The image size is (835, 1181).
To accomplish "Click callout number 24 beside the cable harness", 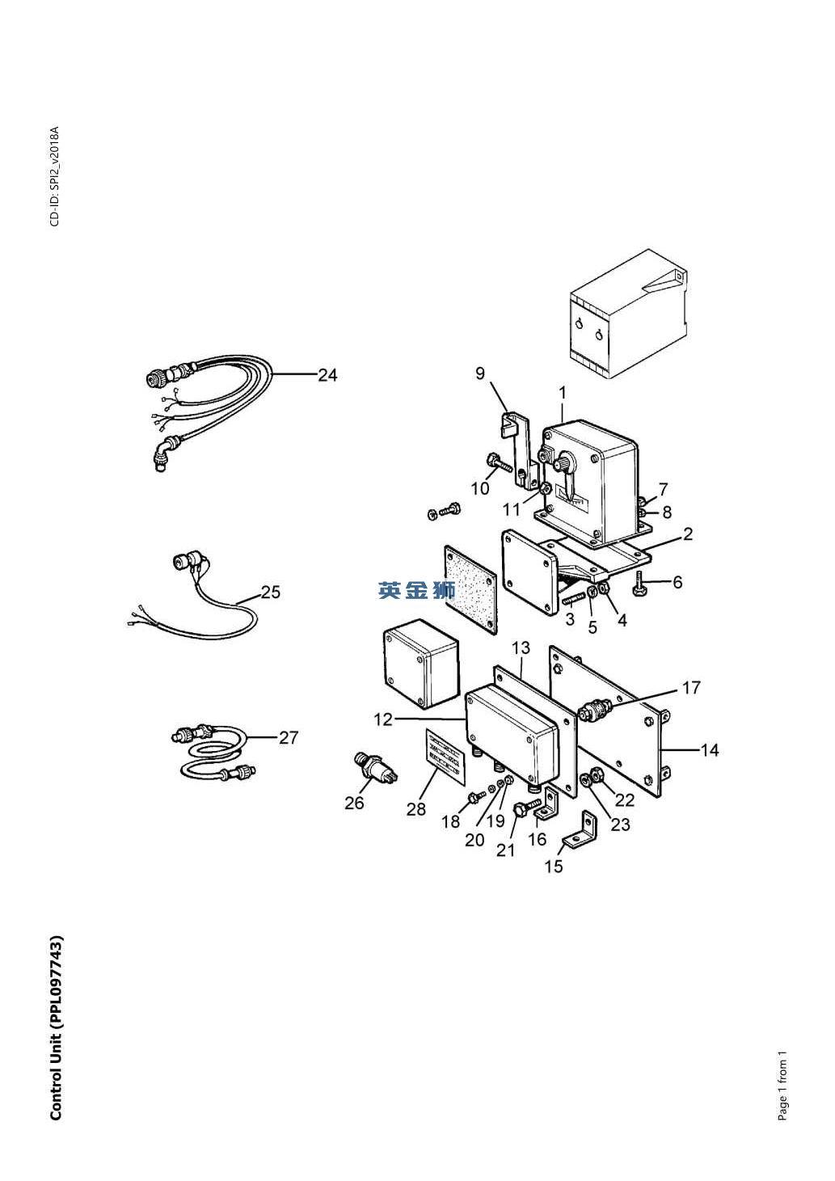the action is (x=327, y=375).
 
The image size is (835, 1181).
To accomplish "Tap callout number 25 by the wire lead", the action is (x=271, y=592).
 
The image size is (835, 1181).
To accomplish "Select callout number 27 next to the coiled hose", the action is (x=289, y=737).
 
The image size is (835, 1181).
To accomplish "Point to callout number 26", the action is (x=354, y=803).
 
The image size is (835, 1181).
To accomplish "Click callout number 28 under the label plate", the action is (x=416, y=809).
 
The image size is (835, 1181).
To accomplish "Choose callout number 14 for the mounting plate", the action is (x=710, y=750).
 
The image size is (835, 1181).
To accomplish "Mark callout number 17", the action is (x=691, y=688).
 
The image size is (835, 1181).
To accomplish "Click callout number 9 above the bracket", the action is (x=480, y=373).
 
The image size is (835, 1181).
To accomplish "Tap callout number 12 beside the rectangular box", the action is (x=383, y=719).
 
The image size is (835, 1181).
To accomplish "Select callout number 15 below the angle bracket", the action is (x=554, y=867).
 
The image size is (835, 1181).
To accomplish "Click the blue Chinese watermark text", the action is (x=417, y=591).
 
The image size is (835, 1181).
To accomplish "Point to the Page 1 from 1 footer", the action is (x=782, y=1086).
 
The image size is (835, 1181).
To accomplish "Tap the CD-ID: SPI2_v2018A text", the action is (x=55, y=176).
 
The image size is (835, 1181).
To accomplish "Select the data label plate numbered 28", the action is (x=446, y=757).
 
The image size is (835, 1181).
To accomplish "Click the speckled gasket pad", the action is (x=470, y=590).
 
